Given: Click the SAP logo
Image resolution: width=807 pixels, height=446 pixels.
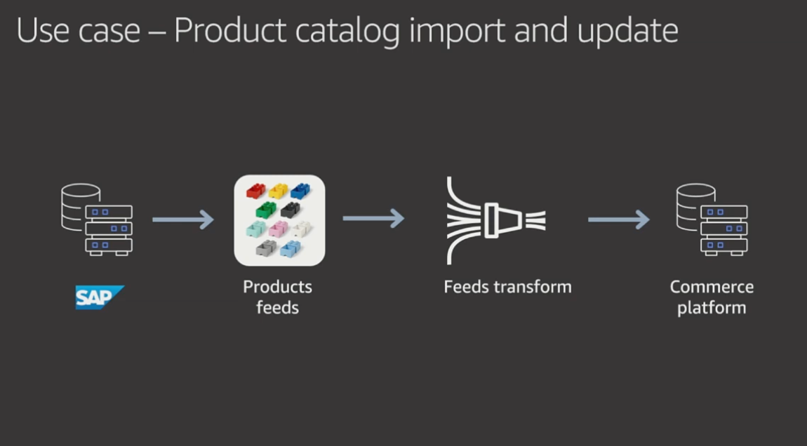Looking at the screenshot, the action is [100, 297].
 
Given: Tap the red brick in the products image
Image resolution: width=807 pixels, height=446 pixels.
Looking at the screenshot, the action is [256, 191].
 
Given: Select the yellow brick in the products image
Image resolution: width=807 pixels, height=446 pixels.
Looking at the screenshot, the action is [278, 191].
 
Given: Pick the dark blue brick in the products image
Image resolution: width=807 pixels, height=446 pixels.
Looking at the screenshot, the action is [300, 191].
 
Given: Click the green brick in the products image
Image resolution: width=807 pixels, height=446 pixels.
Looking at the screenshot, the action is [265, 210].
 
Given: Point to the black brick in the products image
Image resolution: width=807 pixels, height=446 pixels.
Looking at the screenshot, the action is [291, 210].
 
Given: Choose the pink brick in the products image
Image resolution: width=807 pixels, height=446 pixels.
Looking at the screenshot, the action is [278, 229].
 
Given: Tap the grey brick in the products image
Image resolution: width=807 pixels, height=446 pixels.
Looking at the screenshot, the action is [265, 248].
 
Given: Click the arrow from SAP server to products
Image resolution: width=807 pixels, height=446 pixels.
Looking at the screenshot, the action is [182, 219].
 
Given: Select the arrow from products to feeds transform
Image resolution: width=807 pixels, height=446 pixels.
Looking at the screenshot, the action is [373, 218].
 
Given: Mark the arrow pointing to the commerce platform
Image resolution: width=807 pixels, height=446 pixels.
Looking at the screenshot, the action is [619, 219].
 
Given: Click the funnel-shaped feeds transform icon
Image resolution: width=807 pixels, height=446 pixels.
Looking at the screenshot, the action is [496, 221].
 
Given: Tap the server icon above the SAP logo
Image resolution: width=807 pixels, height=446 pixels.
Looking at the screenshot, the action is [97, 219].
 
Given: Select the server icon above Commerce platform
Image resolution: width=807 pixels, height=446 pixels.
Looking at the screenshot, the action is [712, 219].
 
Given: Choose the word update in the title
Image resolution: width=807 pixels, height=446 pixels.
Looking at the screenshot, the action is [627, 32].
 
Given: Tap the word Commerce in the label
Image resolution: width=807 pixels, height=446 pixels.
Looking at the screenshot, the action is [712, 287].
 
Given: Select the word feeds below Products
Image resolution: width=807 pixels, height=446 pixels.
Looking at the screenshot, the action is [277, 307].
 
